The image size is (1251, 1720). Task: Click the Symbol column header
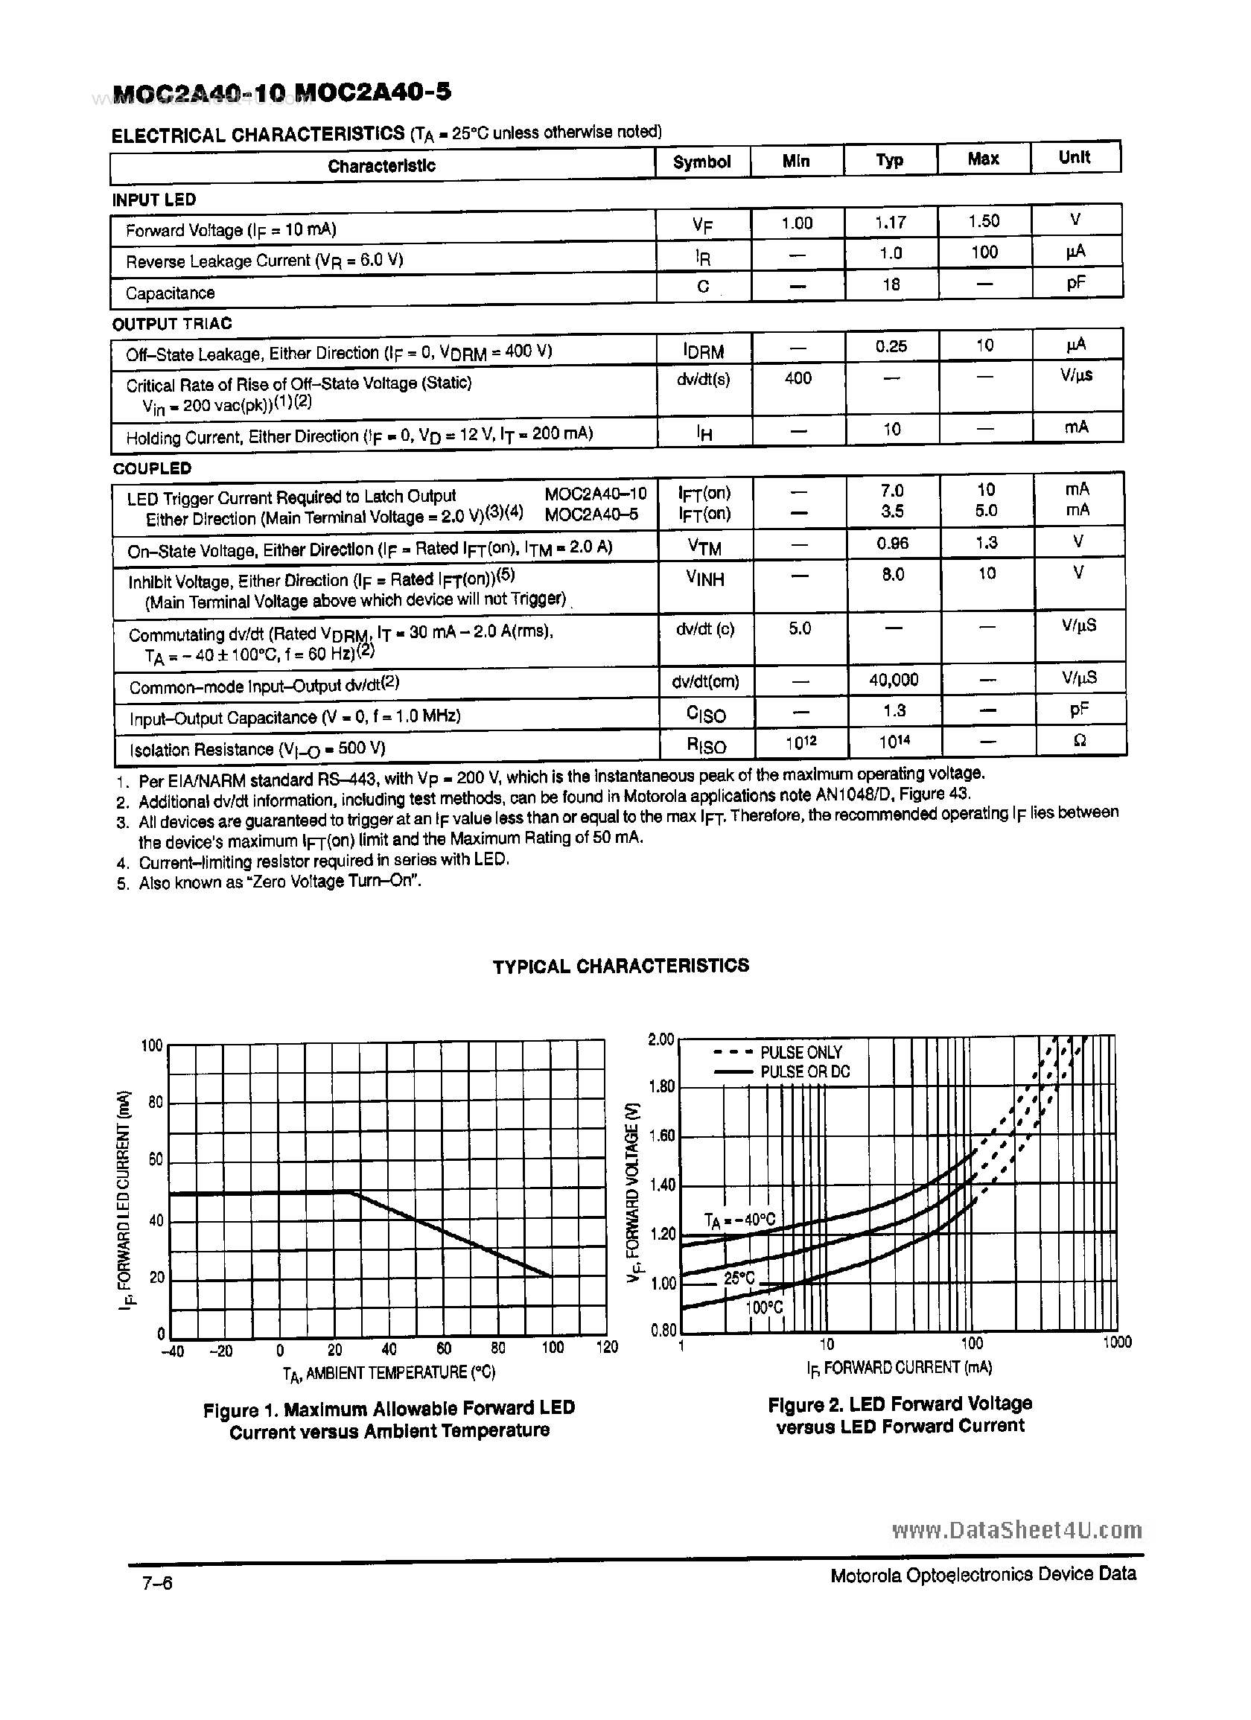tap(701, 162)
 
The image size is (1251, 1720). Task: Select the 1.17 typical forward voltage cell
tap(890, 222)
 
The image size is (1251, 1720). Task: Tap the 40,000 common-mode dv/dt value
tap(893, 680)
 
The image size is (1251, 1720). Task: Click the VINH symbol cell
tap(704, 579)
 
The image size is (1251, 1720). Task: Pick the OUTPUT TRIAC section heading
tap(171, 324)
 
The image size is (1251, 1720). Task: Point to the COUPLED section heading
tap(152, 468)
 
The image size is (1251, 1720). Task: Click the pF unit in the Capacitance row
tap(1076, 284)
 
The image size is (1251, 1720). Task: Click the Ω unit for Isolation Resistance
tap(1080, 741)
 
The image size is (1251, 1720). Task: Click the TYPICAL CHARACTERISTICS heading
tap(620, 966)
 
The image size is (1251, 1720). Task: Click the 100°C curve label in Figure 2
tap(763, 1307)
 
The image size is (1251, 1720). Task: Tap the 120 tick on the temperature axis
tap(607, 1348)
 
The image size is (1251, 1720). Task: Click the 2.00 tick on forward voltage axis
tap(660, 1039)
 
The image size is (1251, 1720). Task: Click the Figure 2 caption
tap(900, 1415)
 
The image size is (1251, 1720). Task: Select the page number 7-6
tap(157, 1584)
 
